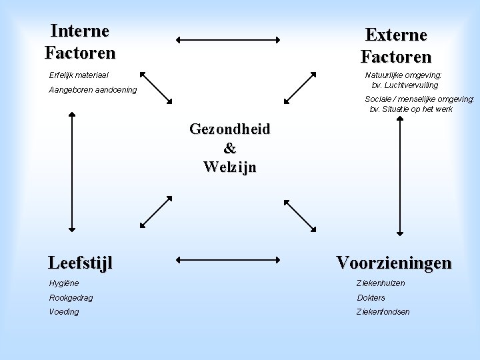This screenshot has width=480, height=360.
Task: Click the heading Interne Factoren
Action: pos(80,41)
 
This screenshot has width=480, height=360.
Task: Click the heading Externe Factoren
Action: pos(396,45)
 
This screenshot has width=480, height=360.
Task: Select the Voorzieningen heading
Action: pos(393,262)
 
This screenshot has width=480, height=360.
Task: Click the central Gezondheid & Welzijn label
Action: pos(230,147)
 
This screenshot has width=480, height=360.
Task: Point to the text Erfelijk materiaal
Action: pos(79,75)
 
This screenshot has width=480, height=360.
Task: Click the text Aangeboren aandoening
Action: pos(93,90)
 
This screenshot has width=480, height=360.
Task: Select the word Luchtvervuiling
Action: pos(409,85)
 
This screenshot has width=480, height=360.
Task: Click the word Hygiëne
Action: pos(64,283)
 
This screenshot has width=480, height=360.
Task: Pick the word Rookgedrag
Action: pos(71,297)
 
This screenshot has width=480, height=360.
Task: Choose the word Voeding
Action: pos(64,311)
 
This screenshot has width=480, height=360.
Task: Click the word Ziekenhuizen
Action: pos(381,283)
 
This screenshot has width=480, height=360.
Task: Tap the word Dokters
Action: pos(371,297)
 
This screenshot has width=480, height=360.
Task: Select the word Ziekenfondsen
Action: pos(383,311)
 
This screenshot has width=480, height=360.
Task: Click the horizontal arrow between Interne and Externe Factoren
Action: pos(228,40)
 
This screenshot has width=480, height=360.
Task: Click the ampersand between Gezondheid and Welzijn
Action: pos(230,147)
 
